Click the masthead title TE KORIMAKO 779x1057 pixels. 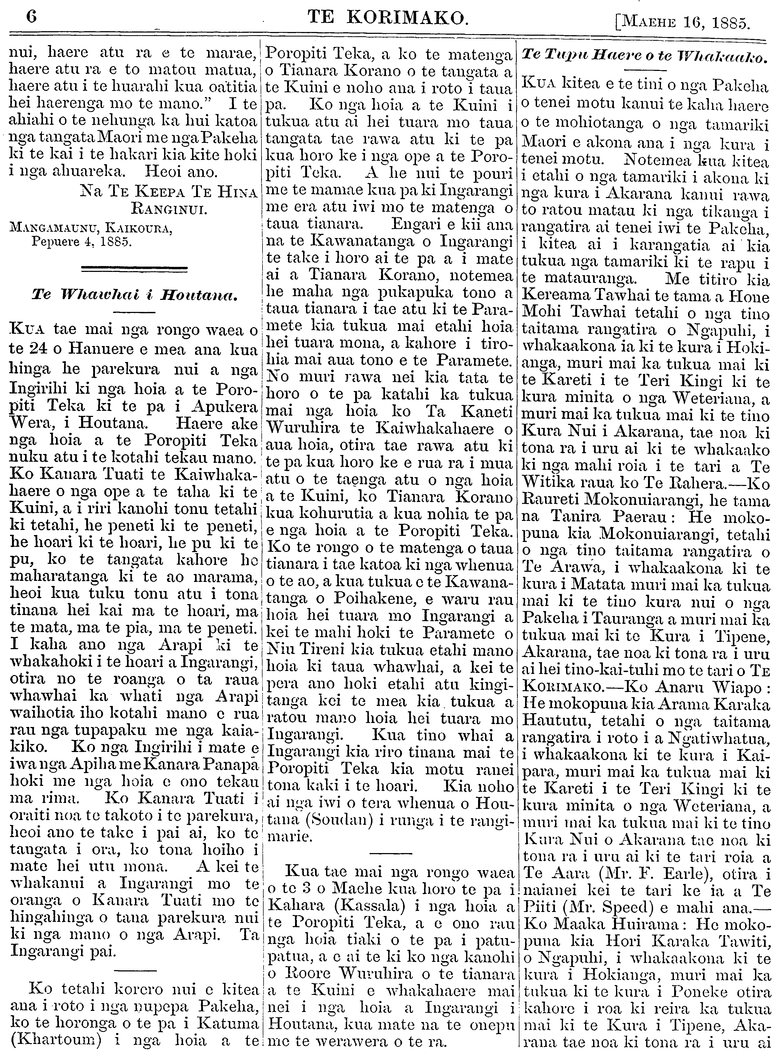point(388,18)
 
